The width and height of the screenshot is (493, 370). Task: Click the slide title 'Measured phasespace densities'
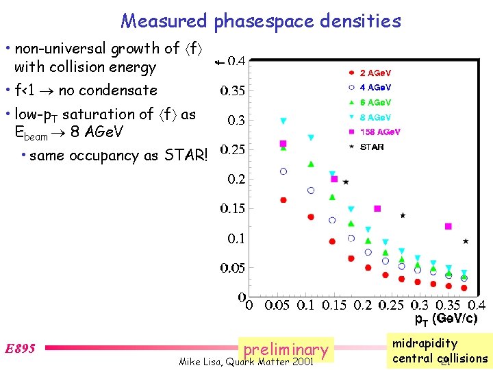click(x=261, y=21)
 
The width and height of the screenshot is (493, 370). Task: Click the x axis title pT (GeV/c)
click(x=446, y=319)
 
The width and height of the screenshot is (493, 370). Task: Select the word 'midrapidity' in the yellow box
click(x=425, y=343)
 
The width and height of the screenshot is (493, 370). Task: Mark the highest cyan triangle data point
click(x=283, y=121)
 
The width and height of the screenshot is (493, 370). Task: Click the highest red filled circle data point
click(x=283, y=199)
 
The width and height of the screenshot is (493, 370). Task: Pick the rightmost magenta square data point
click(x=448, y=226)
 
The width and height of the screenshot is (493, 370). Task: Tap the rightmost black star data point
click(x=466, y=241)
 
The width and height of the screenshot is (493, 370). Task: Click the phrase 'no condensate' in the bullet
click(x=108, y=90)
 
